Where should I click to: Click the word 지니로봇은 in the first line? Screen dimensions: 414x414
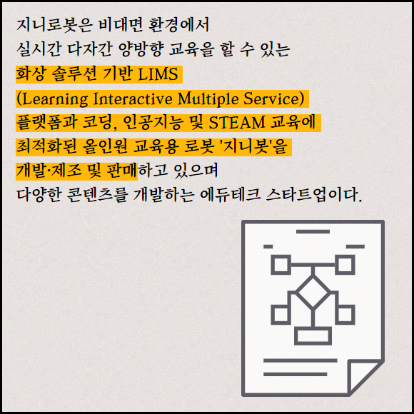tap(54, 25)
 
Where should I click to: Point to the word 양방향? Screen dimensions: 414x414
tap(140, 49)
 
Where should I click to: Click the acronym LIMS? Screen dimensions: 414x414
tap(158, 74)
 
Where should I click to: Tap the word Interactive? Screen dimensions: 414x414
tap(133, 99)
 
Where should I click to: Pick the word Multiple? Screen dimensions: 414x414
tap(208, 99)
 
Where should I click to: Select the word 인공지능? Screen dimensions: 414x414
tap(153, 123)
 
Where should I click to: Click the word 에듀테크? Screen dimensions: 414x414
tap(231, 196)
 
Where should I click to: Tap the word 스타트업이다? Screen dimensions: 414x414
tap(313, 196)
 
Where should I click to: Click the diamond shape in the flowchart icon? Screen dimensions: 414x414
tap(313, 292)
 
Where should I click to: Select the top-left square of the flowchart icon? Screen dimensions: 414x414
tap(281, 264)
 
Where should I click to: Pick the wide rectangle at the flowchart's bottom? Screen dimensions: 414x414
tap(313, 336)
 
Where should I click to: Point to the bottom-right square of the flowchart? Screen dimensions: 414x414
tap(345, 315)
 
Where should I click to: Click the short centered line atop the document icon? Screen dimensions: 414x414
tap(313, 231)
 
